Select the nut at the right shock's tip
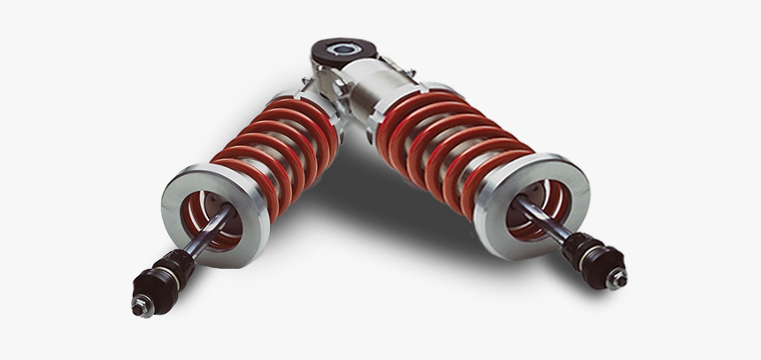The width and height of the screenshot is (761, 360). tap(616, 280)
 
